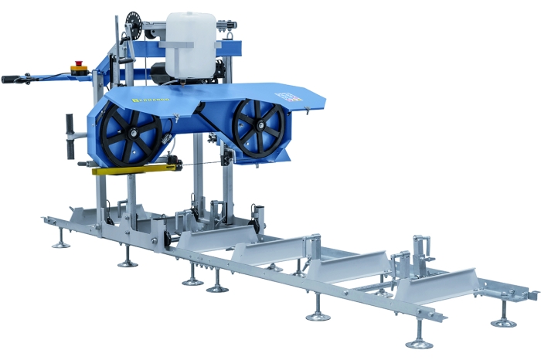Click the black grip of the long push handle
(x=13, y=79)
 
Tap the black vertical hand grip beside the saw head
(x=69, y=125)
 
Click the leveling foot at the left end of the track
(x=60, y=243)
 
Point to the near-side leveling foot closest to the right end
(x=420, y=341)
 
